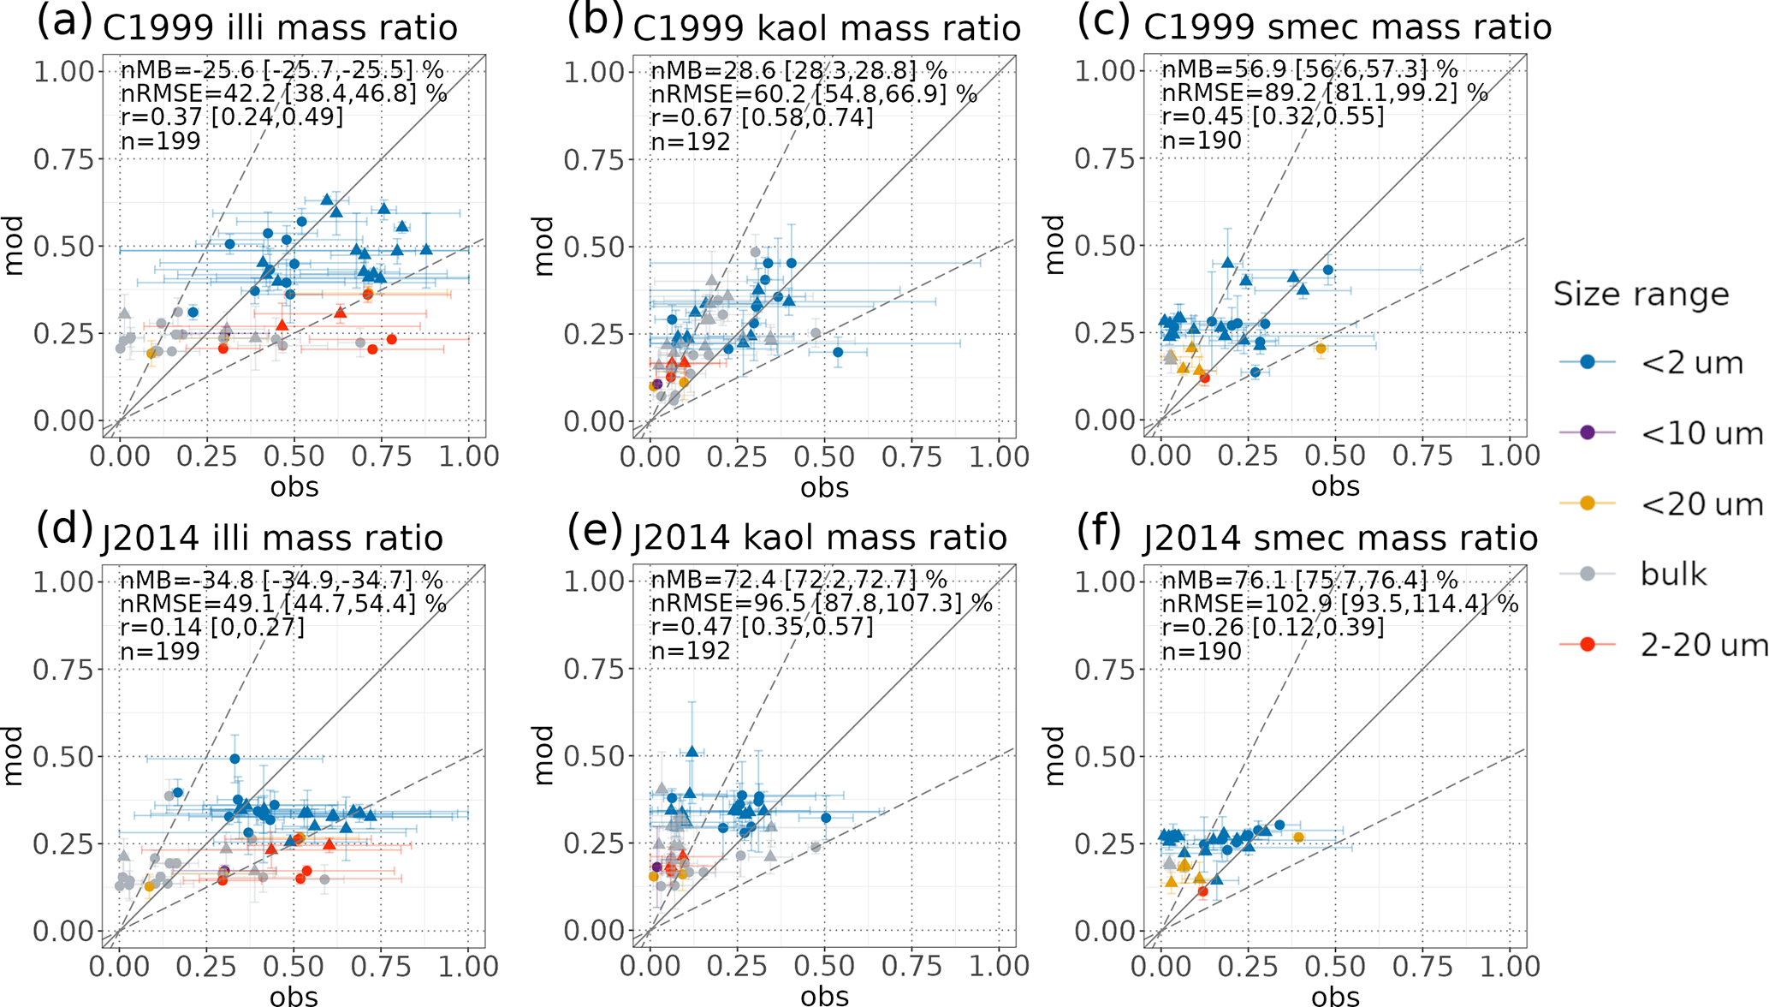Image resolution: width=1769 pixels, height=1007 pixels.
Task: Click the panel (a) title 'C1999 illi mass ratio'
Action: coord(280,28)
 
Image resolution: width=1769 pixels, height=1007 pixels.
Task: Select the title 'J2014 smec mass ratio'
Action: coord(1340,539)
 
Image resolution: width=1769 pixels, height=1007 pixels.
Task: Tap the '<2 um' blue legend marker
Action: coord(1588,363)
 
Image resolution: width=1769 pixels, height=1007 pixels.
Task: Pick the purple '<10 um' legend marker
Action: coord(1588,433)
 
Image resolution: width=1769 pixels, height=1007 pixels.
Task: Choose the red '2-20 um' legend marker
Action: coord(1588,645)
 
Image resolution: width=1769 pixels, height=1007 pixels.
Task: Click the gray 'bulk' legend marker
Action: coord(1588,574)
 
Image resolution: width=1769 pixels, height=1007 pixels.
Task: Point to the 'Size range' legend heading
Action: coord(1641,295)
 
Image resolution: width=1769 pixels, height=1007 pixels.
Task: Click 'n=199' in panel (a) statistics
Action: coord(161,140)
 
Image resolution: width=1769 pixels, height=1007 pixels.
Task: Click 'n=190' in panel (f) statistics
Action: coord(1201,651)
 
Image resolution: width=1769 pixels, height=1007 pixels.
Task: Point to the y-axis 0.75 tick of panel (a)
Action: coord(63,159)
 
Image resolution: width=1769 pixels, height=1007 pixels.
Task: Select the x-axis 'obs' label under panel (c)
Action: coord(1335,486)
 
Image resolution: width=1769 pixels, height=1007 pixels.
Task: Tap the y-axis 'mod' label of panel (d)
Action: coord(14,755)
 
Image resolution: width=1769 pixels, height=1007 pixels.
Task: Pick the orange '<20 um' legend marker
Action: coord(1588,503)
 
